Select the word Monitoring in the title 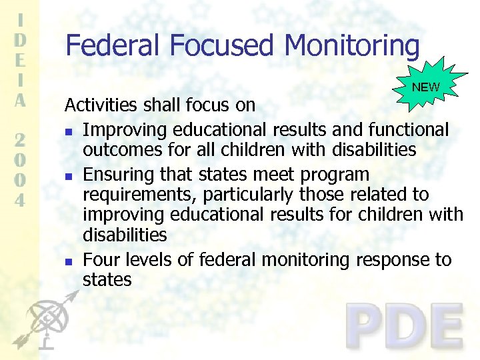coord(352,45)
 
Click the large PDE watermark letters coord(405,327)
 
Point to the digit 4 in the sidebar coord(21,199)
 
